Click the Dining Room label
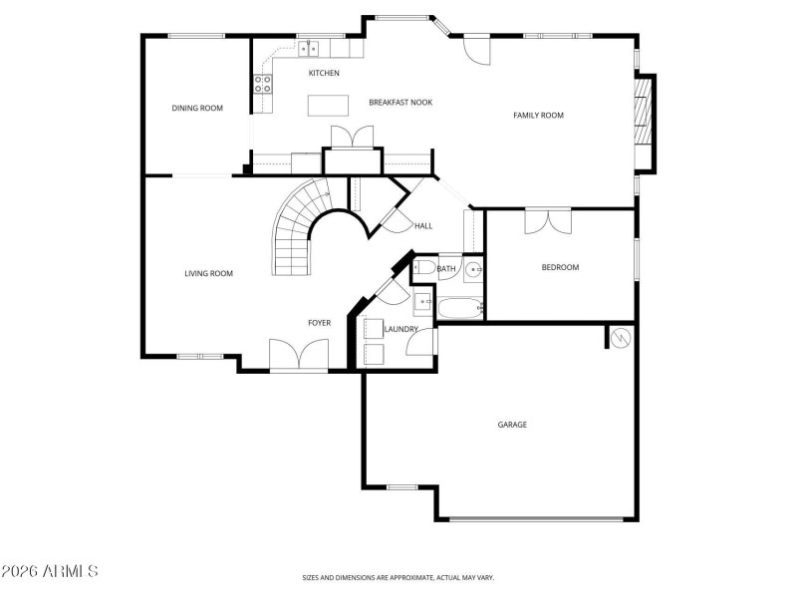click(196, 108)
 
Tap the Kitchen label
click(324, 73)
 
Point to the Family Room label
click(538, 115)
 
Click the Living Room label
click(208, 272)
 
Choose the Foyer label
click(319, 322)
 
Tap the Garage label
click(512, 425)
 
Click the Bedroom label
click(560, 266)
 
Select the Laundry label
click(400, 329)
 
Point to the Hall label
click(423, 226)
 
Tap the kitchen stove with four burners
click(265, 85)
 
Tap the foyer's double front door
click(299, 356)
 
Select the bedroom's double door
click(547, 219)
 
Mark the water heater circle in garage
click(622, 338)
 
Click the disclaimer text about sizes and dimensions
click(398, 577)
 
